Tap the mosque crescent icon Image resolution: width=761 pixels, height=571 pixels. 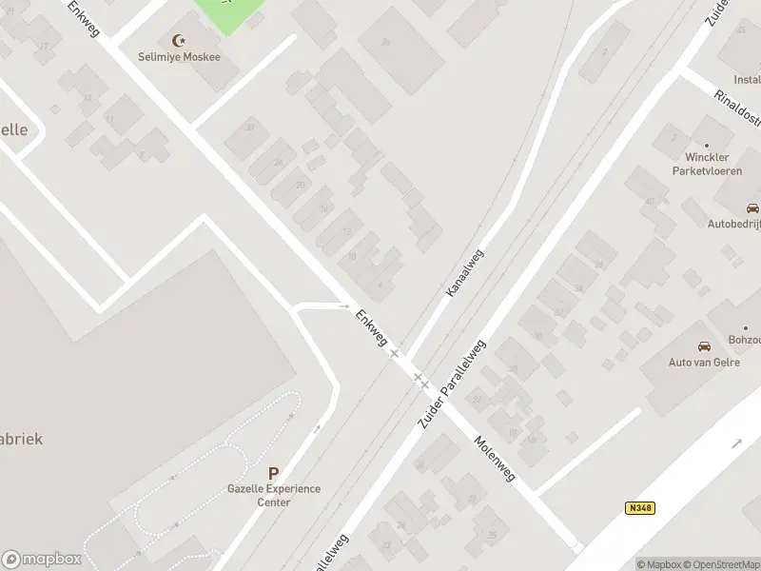178,40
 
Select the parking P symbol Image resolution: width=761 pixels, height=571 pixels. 274,473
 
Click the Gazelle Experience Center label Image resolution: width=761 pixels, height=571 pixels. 274,495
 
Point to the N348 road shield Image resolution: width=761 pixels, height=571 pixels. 641,508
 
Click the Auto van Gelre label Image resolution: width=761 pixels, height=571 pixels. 704,363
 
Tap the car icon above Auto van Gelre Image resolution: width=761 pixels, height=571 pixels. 704,345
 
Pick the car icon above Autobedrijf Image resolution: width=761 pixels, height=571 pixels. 752,208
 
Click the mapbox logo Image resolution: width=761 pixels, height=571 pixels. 40,559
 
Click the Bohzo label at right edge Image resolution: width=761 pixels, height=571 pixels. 745,339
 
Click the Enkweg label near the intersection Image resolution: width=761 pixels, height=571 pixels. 371,326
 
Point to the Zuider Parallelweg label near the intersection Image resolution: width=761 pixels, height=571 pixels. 453,382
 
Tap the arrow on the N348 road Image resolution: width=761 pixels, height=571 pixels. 738,443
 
